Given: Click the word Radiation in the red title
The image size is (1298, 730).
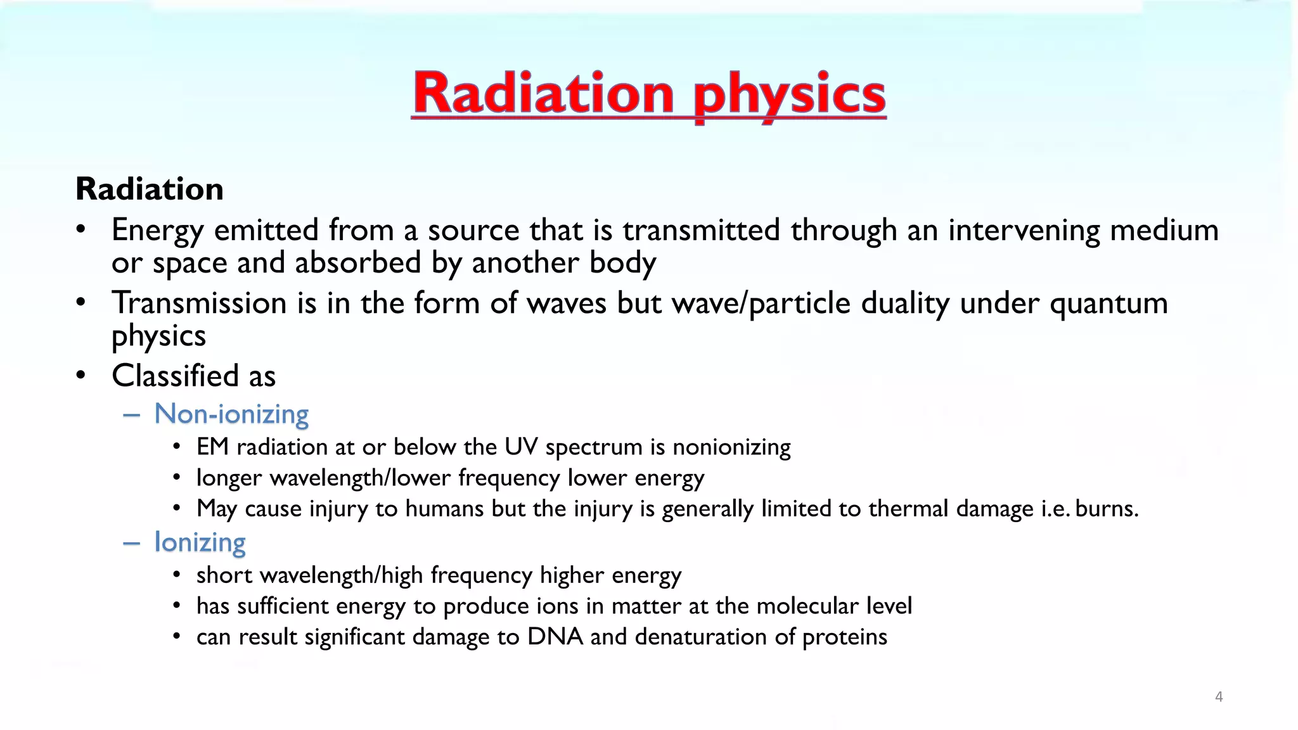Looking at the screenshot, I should point(544,93).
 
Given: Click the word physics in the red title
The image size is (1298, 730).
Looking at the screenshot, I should point(789,95).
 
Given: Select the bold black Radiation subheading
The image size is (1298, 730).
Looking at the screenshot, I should point(150,189).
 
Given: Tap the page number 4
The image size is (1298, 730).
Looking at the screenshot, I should point(1218,697).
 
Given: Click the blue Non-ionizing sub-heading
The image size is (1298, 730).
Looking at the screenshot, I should point(231,414).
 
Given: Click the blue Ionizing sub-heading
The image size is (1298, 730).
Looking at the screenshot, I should point(200,542).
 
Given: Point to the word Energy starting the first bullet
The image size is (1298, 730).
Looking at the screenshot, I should point(157,230).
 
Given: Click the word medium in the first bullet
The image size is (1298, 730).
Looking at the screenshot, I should point(1164,230).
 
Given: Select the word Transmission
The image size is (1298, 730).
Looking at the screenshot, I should point(199,303).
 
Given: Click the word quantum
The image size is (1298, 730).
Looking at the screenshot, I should point(1108,304).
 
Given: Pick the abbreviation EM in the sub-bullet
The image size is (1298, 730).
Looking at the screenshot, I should point(212,447).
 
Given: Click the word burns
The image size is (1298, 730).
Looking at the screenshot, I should point(1107,509).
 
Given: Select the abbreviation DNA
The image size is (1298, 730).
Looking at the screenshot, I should point(555,637).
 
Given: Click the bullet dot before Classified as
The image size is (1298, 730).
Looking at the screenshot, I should point(80,376).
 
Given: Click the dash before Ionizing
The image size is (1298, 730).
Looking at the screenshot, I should point(131,543).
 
